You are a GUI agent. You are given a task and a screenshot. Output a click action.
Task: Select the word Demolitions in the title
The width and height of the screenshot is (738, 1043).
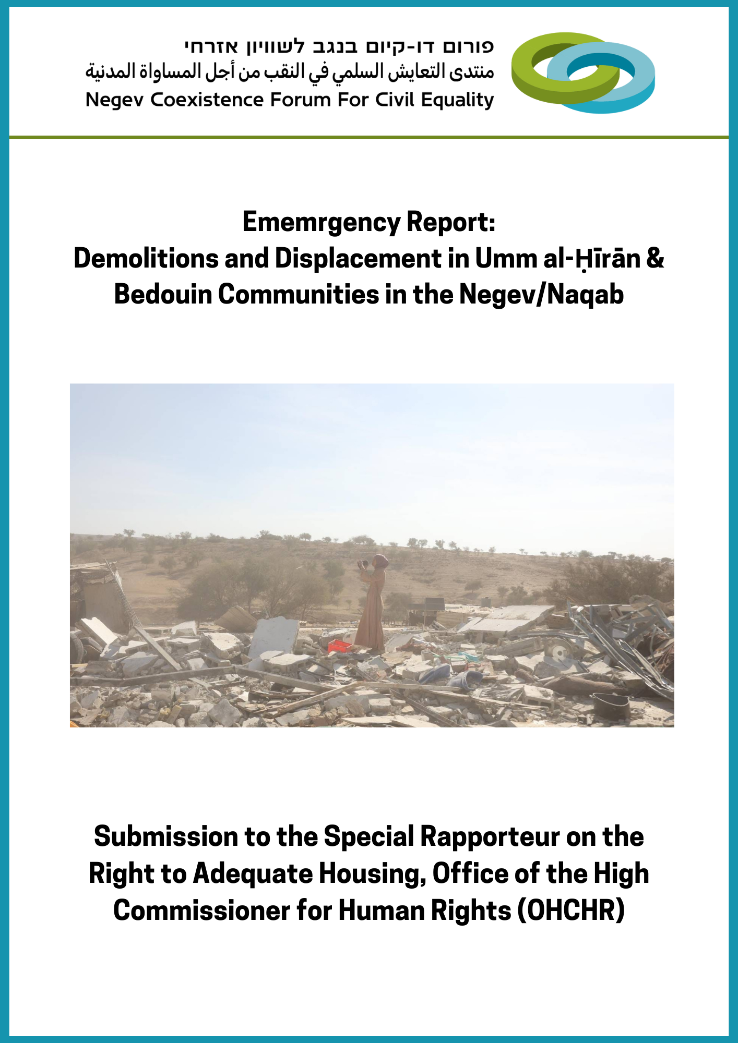146,259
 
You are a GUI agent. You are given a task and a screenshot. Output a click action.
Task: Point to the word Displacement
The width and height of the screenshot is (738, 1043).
358,259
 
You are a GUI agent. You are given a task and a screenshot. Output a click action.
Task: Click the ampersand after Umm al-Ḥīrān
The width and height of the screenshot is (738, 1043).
655,259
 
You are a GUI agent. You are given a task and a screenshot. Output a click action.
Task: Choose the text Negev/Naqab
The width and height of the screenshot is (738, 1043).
541,295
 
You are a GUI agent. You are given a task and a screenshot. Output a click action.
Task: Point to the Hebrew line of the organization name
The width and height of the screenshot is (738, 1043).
339,46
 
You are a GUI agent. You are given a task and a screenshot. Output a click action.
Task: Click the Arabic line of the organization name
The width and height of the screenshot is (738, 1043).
290,71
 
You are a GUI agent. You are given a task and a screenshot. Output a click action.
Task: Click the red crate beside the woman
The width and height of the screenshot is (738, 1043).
340,646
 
